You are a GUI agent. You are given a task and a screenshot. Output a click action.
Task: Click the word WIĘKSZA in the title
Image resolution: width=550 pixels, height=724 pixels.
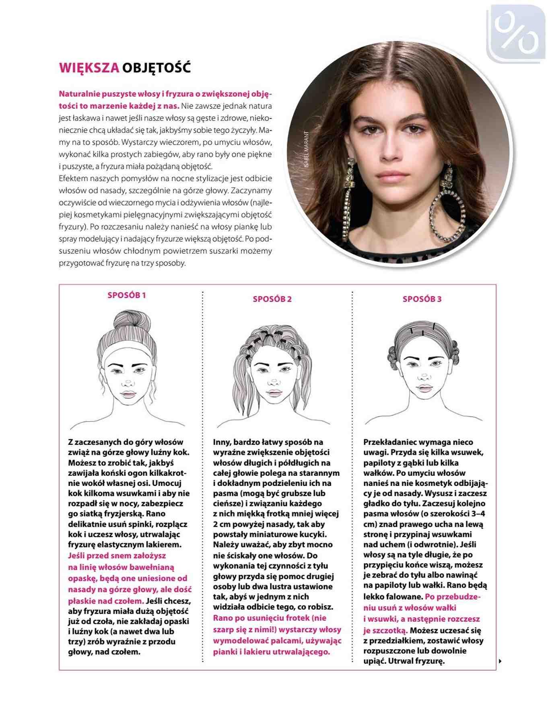(89, 68)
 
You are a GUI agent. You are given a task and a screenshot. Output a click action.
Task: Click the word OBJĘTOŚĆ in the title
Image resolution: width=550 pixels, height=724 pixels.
(156, 68)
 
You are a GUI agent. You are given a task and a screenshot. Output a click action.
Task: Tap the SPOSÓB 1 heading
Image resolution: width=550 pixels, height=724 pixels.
(127, 295)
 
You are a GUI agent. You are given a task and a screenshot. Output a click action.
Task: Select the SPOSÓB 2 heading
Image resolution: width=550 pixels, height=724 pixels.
(272, 299)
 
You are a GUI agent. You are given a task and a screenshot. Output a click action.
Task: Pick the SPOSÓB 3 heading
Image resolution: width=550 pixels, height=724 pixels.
(422, 299)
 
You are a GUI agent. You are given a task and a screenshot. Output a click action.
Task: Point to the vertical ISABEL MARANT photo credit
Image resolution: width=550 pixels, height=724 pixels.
(307, 149)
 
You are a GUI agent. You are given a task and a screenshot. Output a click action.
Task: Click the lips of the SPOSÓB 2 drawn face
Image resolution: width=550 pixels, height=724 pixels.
(274, 392)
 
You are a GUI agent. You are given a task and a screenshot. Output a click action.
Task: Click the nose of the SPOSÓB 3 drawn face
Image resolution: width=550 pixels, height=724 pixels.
(424, 377)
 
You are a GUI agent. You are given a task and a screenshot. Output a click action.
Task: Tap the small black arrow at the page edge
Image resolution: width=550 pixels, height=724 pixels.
(500, 661)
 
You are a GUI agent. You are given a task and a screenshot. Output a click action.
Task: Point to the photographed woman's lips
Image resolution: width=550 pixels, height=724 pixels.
(392, 176)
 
